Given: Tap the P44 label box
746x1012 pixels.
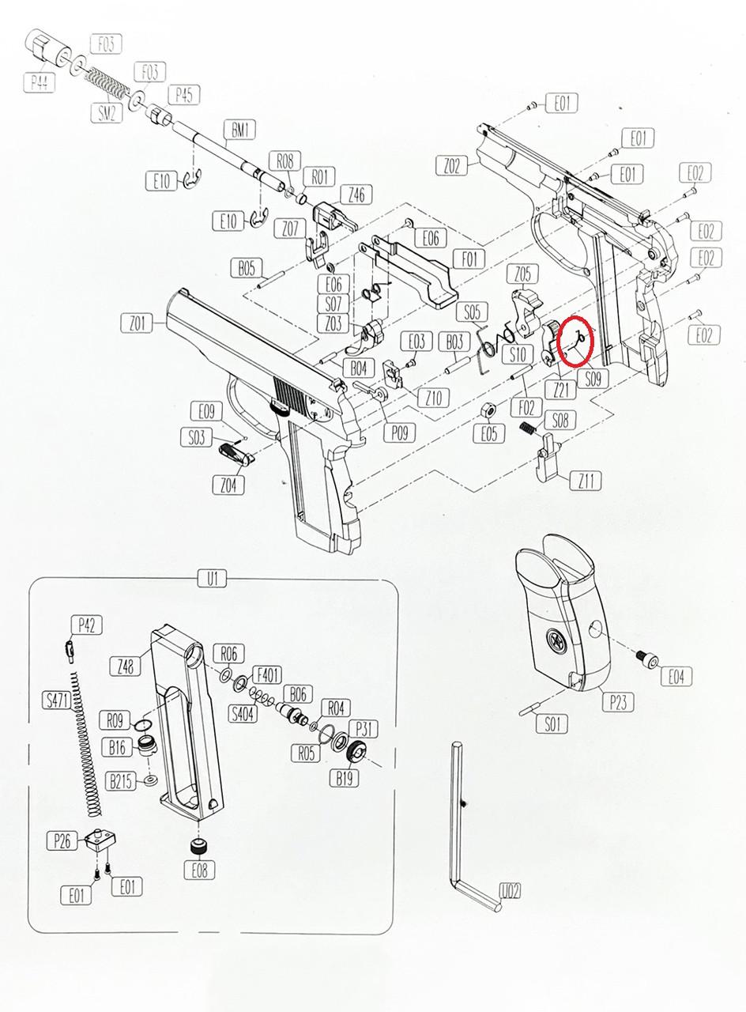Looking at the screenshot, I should click(40, 81).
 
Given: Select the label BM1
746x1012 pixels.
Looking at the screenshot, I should click(239, 129).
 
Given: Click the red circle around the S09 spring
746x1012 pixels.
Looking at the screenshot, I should click(576, 341).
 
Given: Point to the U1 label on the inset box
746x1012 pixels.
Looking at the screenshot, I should click(212, 580).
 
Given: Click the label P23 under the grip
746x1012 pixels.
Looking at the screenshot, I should click(617, 700).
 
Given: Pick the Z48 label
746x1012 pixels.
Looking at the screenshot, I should click(125, 666).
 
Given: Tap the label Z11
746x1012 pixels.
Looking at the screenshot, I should click(588, 480).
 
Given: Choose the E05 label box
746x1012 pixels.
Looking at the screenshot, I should click(489, 433).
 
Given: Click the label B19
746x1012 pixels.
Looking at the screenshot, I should click(345, 778).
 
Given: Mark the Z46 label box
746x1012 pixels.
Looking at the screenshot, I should click(356, 194).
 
